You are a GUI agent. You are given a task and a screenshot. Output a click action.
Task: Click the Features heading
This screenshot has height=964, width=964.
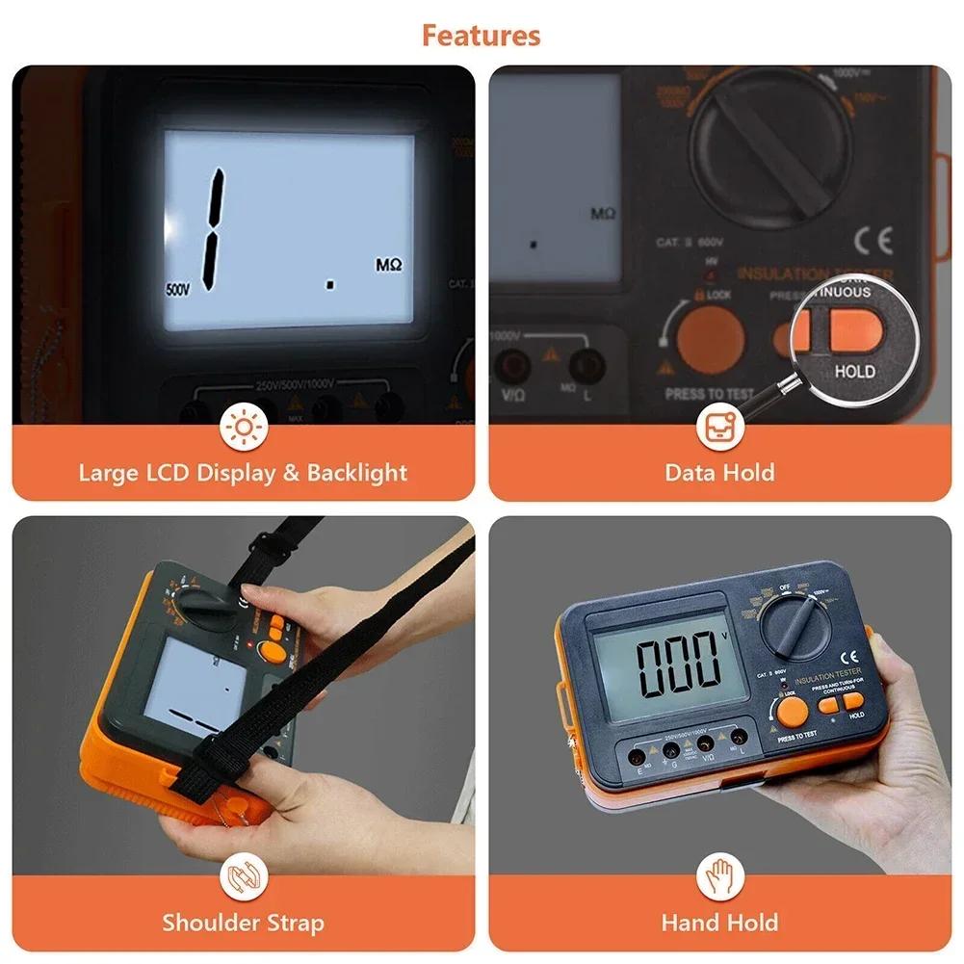481,36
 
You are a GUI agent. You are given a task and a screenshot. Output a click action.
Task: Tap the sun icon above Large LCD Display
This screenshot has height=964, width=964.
243,428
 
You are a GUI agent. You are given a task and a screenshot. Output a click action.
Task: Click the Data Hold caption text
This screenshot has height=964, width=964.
719,472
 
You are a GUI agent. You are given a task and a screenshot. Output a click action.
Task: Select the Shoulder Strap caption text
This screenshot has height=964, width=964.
243,922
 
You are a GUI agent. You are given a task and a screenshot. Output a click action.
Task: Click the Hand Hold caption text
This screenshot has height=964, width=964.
719,922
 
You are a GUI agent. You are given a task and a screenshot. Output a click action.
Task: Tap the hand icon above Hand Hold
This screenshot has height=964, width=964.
719,877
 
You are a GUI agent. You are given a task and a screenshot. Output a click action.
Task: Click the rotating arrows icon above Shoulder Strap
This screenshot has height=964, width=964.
243,877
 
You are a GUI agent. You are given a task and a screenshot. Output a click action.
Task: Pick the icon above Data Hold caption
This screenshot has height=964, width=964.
719,428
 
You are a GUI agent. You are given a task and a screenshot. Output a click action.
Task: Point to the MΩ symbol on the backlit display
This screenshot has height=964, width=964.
388,263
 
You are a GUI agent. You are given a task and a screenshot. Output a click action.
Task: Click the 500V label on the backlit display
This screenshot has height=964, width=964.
177,289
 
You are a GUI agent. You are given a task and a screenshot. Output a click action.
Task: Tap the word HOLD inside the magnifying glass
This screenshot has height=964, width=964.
854,371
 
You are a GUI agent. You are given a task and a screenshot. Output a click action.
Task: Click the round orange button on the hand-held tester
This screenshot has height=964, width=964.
792,712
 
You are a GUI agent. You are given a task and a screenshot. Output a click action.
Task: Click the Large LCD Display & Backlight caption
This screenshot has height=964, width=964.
243,472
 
